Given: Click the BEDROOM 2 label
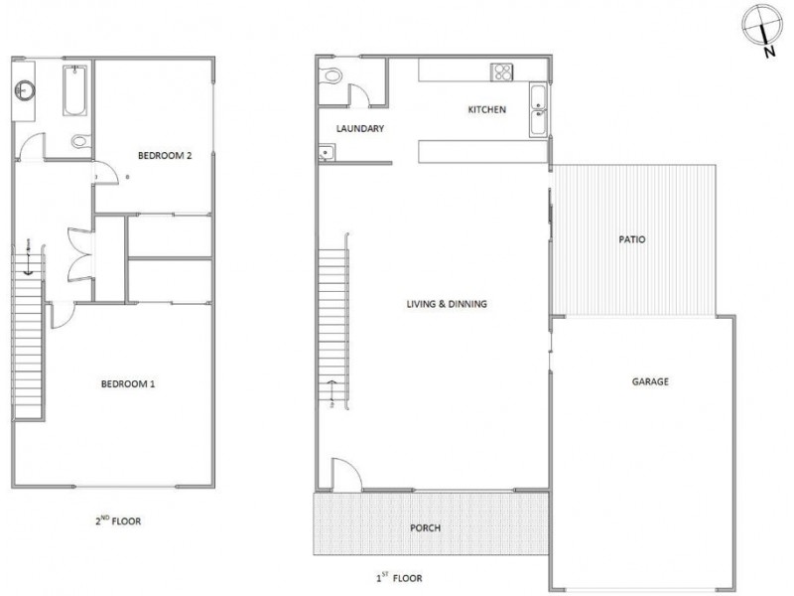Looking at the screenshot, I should [164, 155].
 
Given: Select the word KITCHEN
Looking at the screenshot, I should [487, 109].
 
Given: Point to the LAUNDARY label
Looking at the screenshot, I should [360, 129].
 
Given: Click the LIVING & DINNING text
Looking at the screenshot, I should [447, 304].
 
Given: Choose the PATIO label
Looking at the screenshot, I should [631, 238].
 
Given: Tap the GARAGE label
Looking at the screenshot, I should [650, 381].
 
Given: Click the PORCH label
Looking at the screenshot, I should [424, 527].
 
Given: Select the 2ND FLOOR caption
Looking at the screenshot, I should [118, 520].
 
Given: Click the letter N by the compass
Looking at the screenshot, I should [769, 54].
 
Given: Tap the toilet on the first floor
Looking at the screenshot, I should [332, 75].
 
